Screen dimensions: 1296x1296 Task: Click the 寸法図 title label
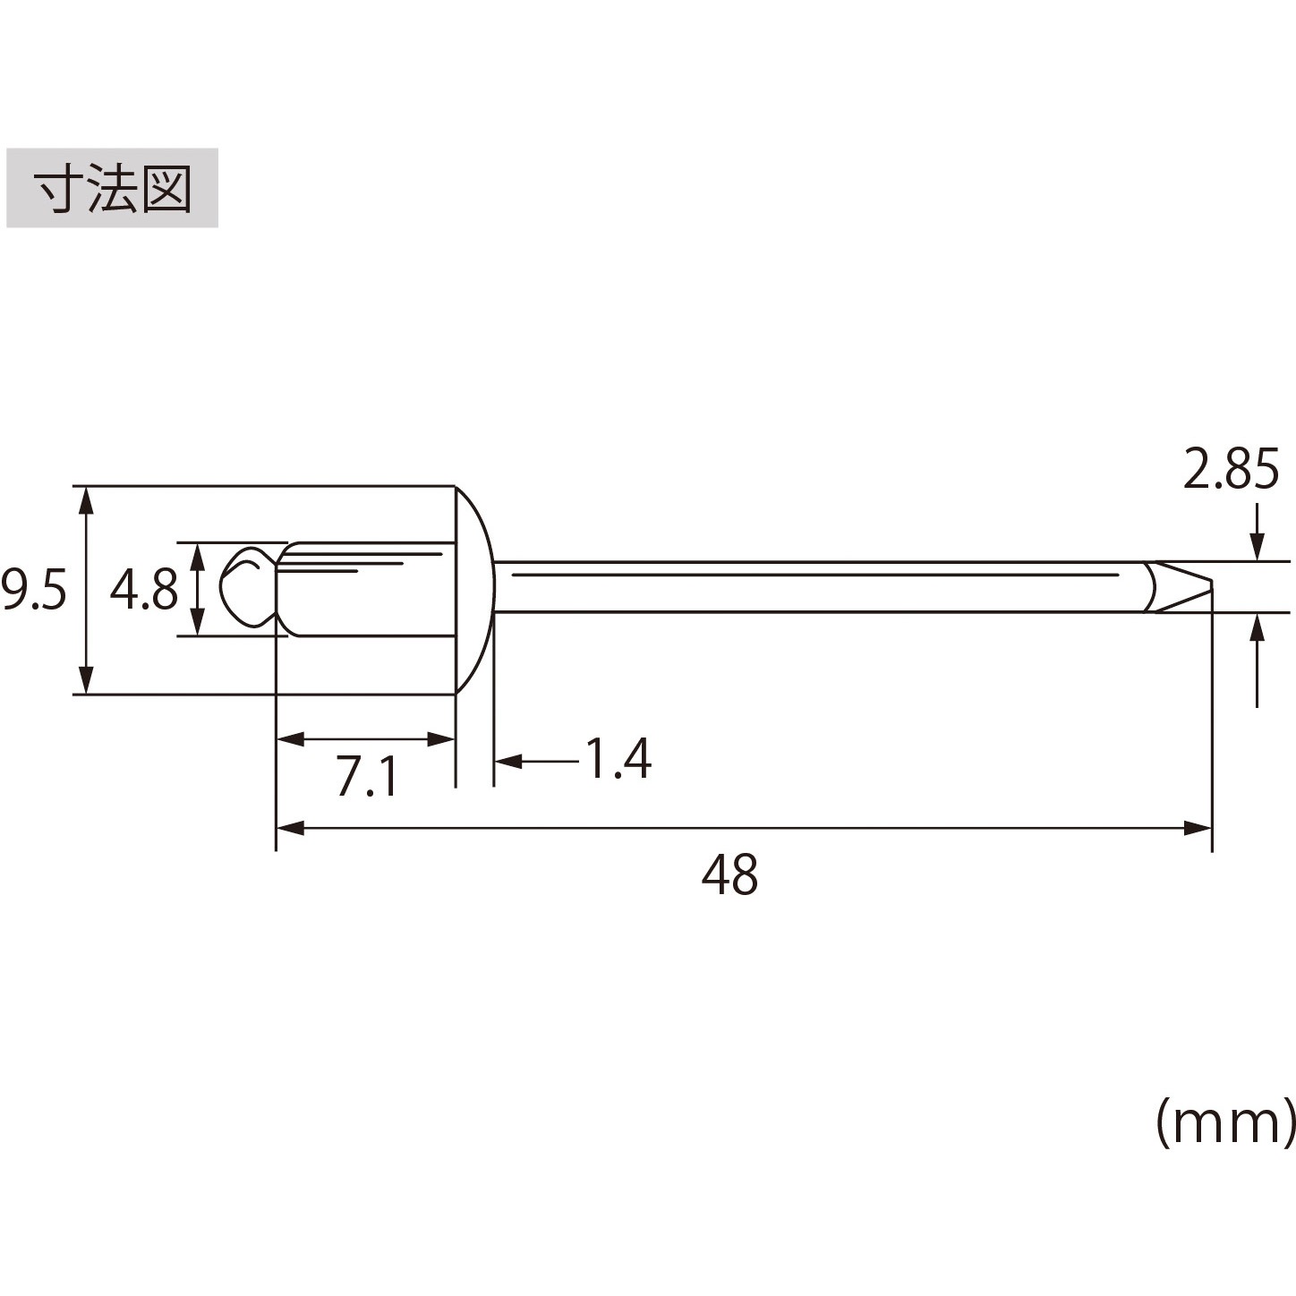tap(112, 188)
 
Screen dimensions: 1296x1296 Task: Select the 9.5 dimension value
tap(34, 590)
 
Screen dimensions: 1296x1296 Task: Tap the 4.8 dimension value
tap(143, 589)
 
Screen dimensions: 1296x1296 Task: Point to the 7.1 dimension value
tap(367, 776)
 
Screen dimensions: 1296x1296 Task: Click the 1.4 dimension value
tap(618, 759)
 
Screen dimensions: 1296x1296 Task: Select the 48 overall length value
tap(729, 874)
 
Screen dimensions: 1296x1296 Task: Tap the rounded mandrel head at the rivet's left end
tap(248, 589)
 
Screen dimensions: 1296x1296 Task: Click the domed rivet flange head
tap(475, 589)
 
